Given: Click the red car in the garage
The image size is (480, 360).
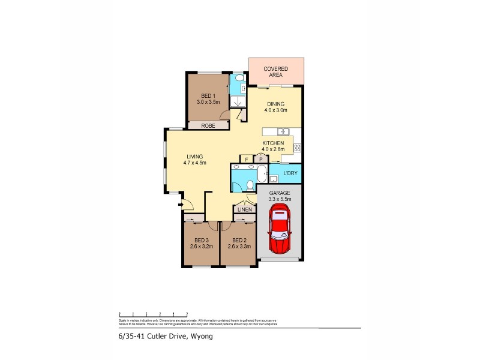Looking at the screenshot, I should pyautogui.click(x=279, y=229).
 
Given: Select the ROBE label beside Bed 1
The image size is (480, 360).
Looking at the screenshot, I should pyautogui.click(x=208, y=126).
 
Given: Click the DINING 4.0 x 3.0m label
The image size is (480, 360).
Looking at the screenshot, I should pyautogui.click(x=276, y=107).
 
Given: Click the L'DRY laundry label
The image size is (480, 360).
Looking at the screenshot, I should pyautogui.click(x=291, y=173).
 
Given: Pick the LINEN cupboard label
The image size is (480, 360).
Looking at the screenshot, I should pyautogui.click(x=244, y=209).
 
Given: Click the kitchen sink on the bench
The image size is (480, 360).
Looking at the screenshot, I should pyautogui.click(x=283, y=131).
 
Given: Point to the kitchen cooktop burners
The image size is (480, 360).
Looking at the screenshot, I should pyautogui.click(x=297, y=147).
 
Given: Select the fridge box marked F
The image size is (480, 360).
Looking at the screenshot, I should pyautogui.click(x=246, y=159).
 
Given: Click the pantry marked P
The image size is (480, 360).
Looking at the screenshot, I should pyautogui.click(x=261, y=159).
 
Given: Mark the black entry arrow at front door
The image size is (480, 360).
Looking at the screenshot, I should pyautogui.click(x=179, y=205).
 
